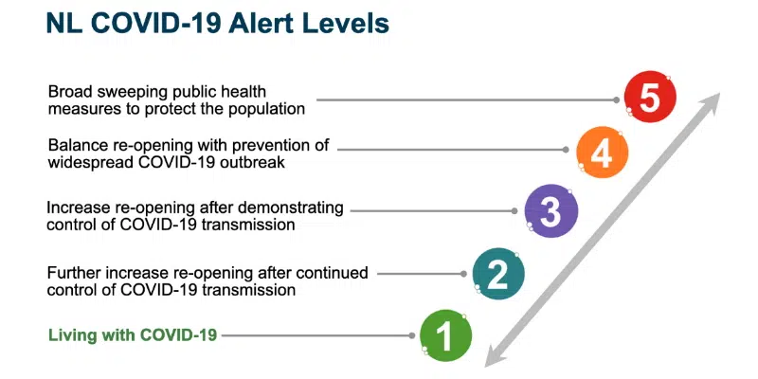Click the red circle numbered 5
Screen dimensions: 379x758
(x=650, y=98)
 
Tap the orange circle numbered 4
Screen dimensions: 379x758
(x=601, y=153)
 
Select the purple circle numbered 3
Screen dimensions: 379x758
(x=550, y=212)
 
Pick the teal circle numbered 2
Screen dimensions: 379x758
(x=497, y=273)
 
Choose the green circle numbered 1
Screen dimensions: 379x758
(x=445, y=334)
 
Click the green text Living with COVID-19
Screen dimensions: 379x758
(x=133, y=334)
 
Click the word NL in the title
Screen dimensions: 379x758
(x=63, y=23)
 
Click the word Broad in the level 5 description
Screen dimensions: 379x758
(x=71, y=92)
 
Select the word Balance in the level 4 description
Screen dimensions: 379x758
(x=79, y=146)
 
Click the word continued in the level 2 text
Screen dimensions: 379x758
(x=334, y=273)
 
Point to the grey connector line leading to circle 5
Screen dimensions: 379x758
(x=464, y=98)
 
